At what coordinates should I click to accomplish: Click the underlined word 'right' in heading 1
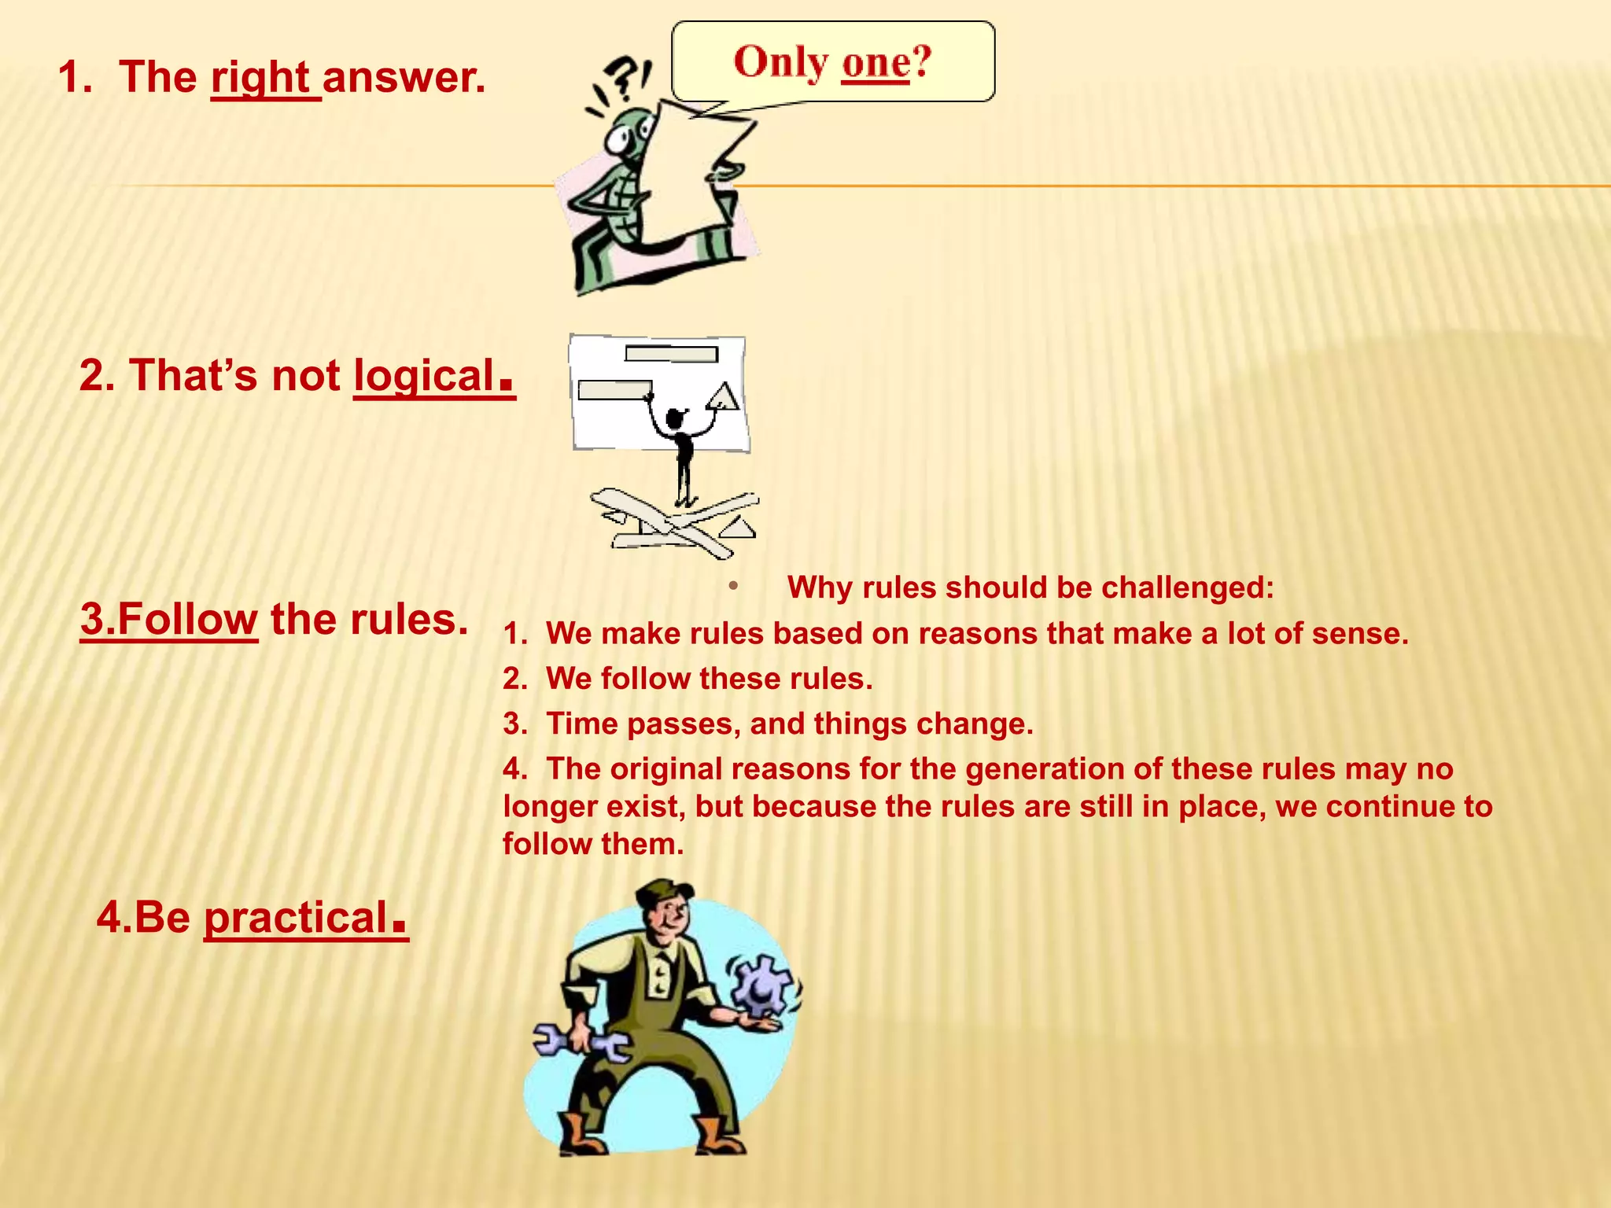coord(261,79)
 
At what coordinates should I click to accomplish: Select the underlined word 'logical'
coord(425,376)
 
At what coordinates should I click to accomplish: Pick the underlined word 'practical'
coord(296,918)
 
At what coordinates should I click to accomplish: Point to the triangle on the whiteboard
coord(723,396)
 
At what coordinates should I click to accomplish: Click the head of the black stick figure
coord(674,419)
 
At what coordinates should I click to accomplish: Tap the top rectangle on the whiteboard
coord(671,354)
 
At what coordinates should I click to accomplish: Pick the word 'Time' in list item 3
coord(581,724)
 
